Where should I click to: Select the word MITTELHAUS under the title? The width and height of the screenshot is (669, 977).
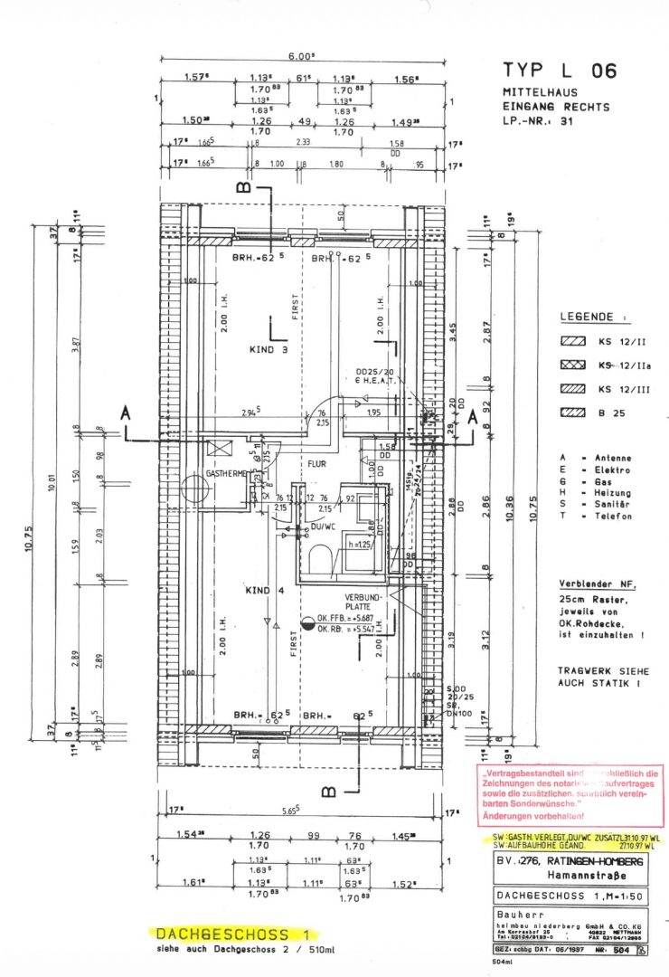point(539,93)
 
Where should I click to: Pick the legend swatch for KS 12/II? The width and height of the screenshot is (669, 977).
point(573,343)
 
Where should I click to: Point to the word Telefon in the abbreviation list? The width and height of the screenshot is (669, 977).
point(615,517)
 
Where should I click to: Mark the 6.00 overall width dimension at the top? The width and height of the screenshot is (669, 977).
point(300,55)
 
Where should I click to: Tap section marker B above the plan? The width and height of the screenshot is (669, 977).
point(242,187)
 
